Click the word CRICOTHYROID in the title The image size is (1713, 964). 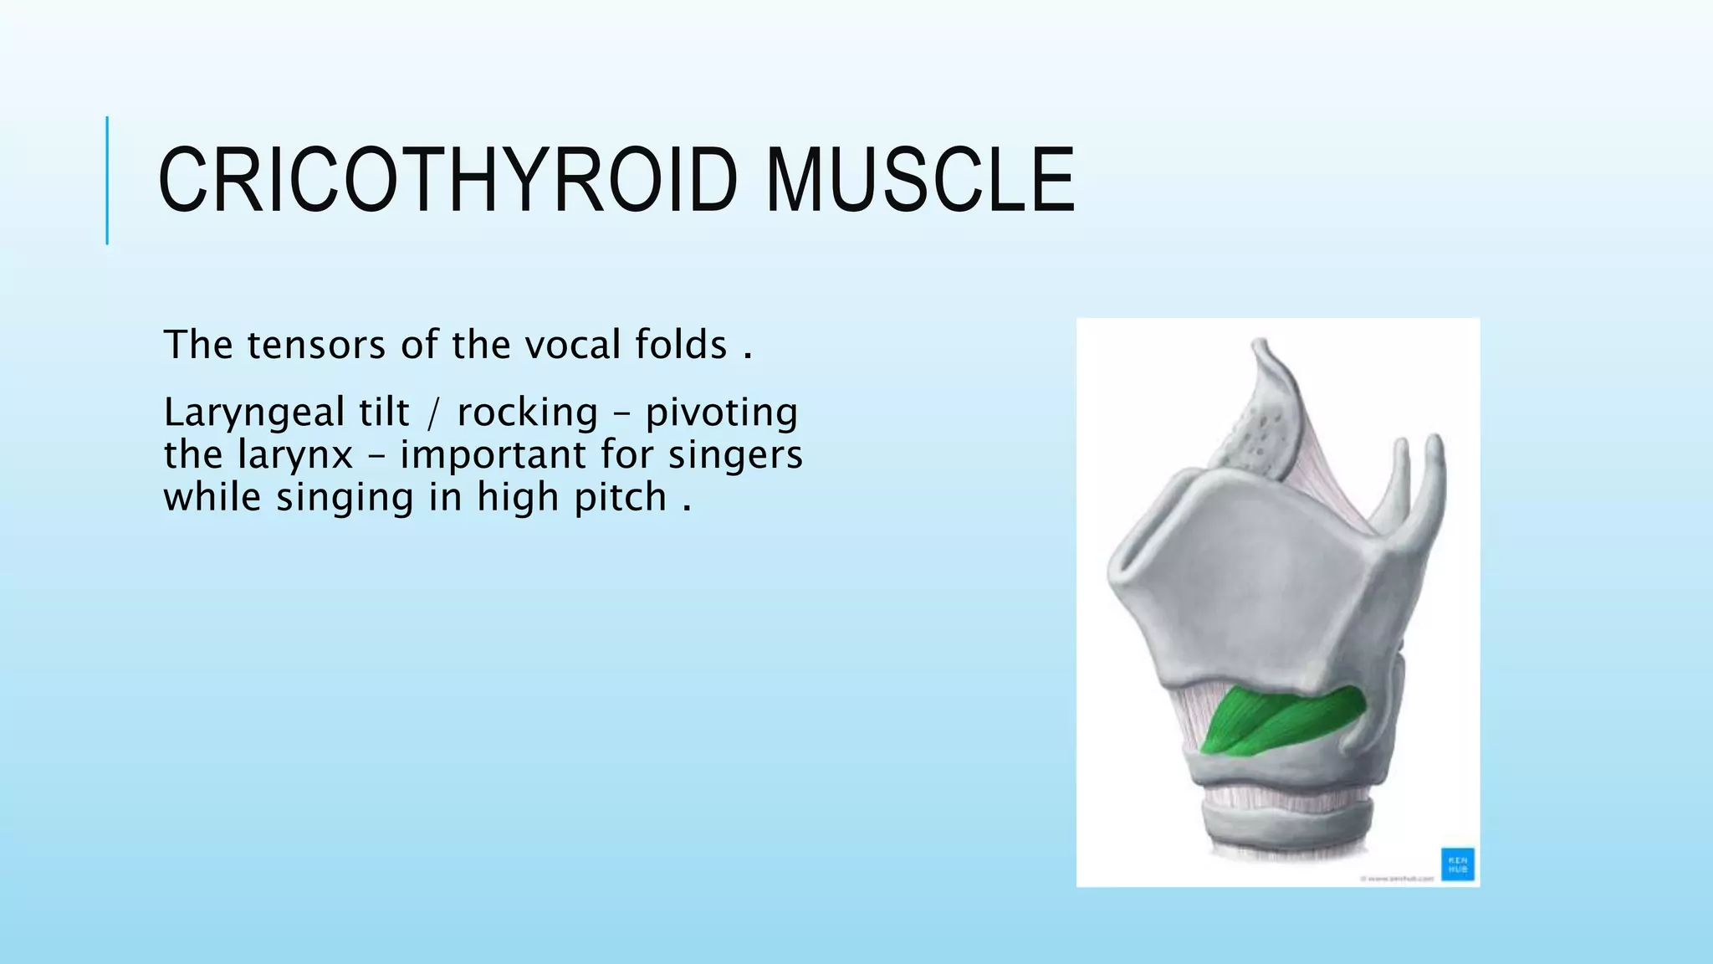[x=448, y=181]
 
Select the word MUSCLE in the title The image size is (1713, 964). [x=920, y=181]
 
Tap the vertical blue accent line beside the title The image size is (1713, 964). [x=107, y=181]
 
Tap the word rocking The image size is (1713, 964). [x=528, y=413]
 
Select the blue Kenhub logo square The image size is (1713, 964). [x=1457, y=864]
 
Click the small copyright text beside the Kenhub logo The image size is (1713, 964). [x=1397, y=879]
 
